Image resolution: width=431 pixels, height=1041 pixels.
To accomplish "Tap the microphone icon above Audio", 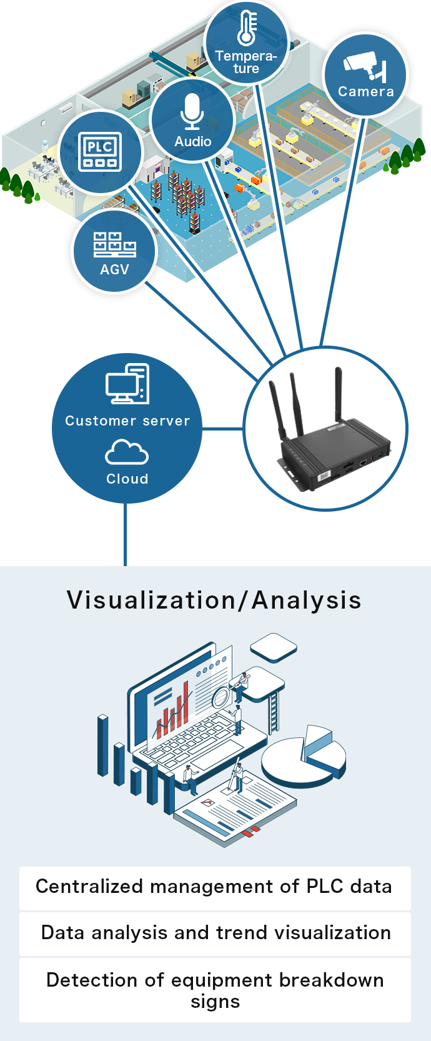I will [192, 112].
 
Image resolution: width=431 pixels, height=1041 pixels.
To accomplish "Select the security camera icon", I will [365, 65].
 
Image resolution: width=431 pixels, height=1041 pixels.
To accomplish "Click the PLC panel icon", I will [100, 152].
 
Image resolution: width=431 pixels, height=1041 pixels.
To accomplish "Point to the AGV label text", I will [114, 269].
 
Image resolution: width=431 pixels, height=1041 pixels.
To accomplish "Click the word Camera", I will [366, 91].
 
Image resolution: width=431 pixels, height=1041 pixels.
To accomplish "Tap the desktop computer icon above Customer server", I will [127, 384].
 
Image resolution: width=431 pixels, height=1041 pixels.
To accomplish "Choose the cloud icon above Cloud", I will [127, 452].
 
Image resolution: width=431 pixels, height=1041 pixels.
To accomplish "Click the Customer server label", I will [127, 421].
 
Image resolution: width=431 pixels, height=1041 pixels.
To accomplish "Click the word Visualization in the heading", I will [151, 600].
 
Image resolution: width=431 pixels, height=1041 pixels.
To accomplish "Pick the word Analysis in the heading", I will [306, 600].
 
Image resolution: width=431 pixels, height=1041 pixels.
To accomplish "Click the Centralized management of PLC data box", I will [215, 887].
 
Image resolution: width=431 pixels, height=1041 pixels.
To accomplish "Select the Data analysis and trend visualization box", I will [215, 934].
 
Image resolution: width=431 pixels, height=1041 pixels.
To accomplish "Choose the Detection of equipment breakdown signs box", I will [215, 990].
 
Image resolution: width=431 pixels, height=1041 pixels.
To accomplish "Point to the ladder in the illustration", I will [274, 712].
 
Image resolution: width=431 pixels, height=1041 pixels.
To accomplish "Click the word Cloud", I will [127, 479].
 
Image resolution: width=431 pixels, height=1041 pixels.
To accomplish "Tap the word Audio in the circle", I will [192, 141].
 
